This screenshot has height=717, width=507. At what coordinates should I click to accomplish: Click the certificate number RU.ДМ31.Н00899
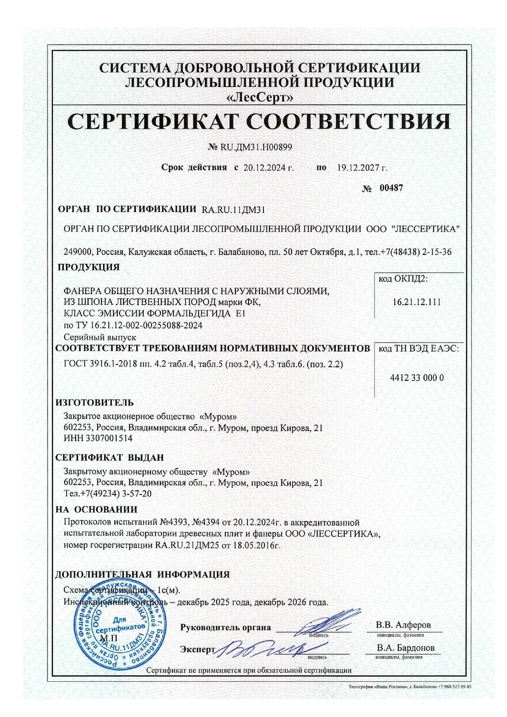[256, 147]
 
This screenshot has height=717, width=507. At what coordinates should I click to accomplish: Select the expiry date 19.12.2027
[359, 167]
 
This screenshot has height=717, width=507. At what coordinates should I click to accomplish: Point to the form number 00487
[391, 188]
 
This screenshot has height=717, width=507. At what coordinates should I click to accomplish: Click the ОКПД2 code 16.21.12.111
[417, 302]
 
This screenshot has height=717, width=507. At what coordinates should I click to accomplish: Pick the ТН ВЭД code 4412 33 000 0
[417, 378]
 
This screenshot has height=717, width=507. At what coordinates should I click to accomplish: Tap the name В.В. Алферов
[403, 625]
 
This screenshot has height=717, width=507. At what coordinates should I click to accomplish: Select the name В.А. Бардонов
[406, 648]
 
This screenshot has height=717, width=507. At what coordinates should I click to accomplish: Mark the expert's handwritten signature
[262, 647]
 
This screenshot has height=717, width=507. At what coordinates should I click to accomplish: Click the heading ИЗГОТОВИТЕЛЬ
[94, 402]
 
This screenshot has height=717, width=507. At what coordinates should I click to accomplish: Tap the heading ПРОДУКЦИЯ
[89, 267]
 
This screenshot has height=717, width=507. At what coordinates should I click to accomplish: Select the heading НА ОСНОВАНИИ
[96, 509]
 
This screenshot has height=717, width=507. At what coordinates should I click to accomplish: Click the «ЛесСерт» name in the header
[260, 97]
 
